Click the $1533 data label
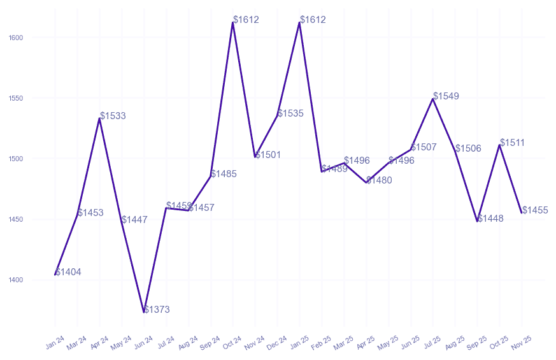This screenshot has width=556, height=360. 113,116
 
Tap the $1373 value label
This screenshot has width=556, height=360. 157,310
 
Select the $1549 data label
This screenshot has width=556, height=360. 446,96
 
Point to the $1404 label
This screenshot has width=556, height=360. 68,272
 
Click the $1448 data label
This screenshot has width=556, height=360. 490,219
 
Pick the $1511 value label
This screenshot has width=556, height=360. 513,143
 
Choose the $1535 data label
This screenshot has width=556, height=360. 290,113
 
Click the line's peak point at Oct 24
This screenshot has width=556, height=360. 233,22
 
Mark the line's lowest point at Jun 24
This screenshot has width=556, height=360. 144,312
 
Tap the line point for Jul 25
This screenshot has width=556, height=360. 433,99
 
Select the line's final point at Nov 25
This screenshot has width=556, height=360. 522,213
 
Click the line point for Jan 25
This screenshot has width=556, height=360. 299,22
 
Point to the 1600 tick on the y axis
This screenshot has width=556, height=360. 16,38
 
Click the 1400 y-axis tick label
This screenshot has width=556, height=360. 16,280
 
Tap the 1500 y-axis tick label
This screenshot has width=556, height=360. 16,159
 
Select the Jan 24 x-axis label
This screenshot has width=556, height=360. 55,343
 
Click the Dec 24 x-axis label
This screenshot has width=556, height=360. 277,343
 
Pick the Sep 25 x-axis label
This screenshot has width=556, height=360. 477,343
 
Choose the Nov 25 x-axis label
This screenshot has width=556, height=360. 522,343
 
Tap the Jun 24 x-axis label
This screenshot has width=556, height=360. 144,343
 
